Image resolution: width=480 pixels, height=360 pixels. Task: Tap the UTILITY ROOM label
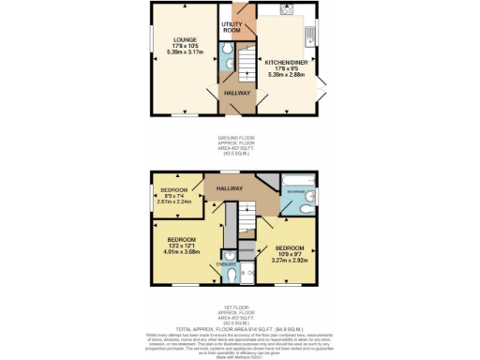point(232,27)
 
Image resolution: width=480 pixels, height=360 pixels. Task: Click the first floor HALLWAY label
point(230,188)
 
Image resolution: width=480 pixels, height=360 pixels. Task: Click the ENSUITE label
point(225,264)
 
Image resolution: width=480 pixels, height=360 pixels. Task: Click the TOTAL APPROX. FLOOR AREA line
point(239,328)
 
